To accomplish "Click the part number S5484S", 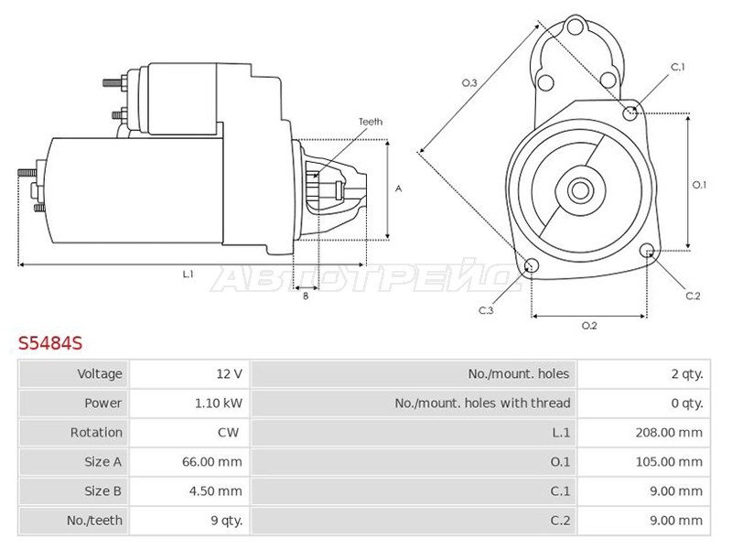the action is click(x=50, y=343).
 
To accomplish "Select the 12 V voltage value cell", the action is click(x=230, y=373).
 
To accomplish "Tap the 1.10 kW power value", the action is click(x=219, y=403).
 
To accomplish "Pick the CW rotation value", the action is click(x=228, y=432).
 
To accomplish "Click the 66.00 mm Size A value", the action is click(x=212, y=462).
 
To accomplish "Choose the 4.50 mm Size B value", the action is click(x=215, y=491).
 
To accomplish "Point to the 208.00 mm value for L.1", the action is click(x=669, y=433).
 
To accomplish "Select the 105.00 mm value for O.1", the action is click(x=669, y=462).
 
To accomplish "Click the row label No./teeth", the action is click(x=94, y=520).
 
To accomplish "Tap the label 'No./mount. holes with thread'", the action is click(x=482, y=403).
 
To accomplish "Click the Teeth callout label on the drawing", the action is click(x=371, y=122).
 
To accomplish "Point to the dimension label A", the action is click(x=398, y=188).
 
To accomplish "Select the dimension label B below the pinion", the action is click(x=306, y=296).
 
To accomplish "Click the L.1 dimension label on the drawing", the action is click(x=188, y=274).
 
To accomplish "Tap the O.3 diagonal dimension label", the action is click(x=469, y=83).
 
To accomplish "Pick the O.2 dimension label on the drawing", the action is click(x=589, y=326).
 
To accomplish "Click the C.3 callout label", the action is click(x=486, y=310).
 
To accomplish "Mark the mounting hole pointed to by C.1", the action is click(x=630, y=113).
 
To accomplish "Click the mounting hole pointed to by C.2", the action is click(x=647, y=251).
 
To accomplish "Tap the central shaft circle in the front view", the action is click(x=580, y=190).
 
